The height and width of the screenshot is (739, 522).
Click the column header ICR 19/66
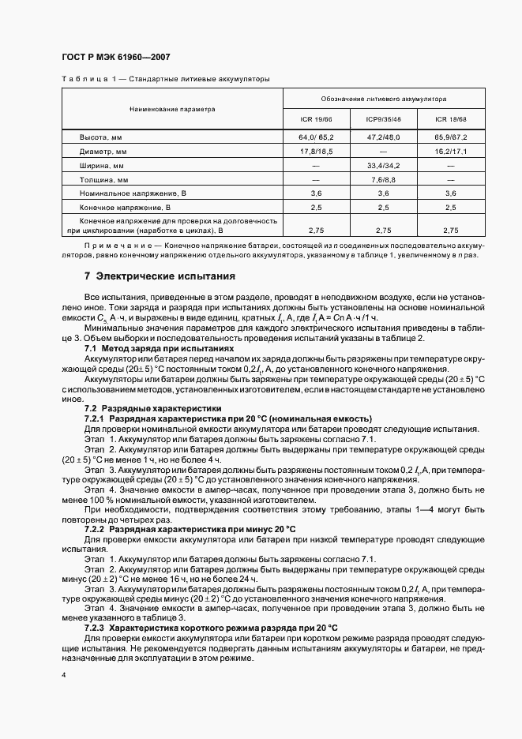click(316, 120)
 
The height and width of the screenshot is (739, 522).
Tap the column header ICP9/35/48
click(384, 120)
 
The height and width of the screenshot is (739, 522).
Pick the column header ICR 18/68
click(451, 120)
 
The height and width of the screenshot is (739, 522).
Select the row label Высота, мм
click(102, 137)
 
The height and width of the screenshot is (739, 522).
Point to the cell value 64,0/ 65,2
click(316, 137)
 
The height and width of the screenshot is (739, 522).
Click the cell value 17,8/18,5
click(316, 151)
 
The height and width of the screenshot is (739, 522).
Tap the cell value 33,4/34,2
click(384, 166)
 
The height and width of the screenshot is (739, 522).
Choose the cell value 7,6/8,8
click(384, 180)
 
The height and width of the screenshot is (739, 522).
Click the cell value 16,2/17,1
click(451, 151)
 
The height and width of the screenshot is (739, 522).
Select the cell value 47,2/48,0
click(384, 137)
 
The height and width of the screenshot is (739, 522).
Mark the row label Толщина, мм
click(103, 180)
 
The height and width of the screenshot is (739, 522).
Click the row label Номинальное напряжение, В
click(133, 194)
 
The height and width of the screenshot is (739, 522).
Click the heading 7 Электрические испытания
click(160, 277)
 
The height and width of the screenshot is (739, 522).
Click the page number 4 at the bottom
click(63, 676)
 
